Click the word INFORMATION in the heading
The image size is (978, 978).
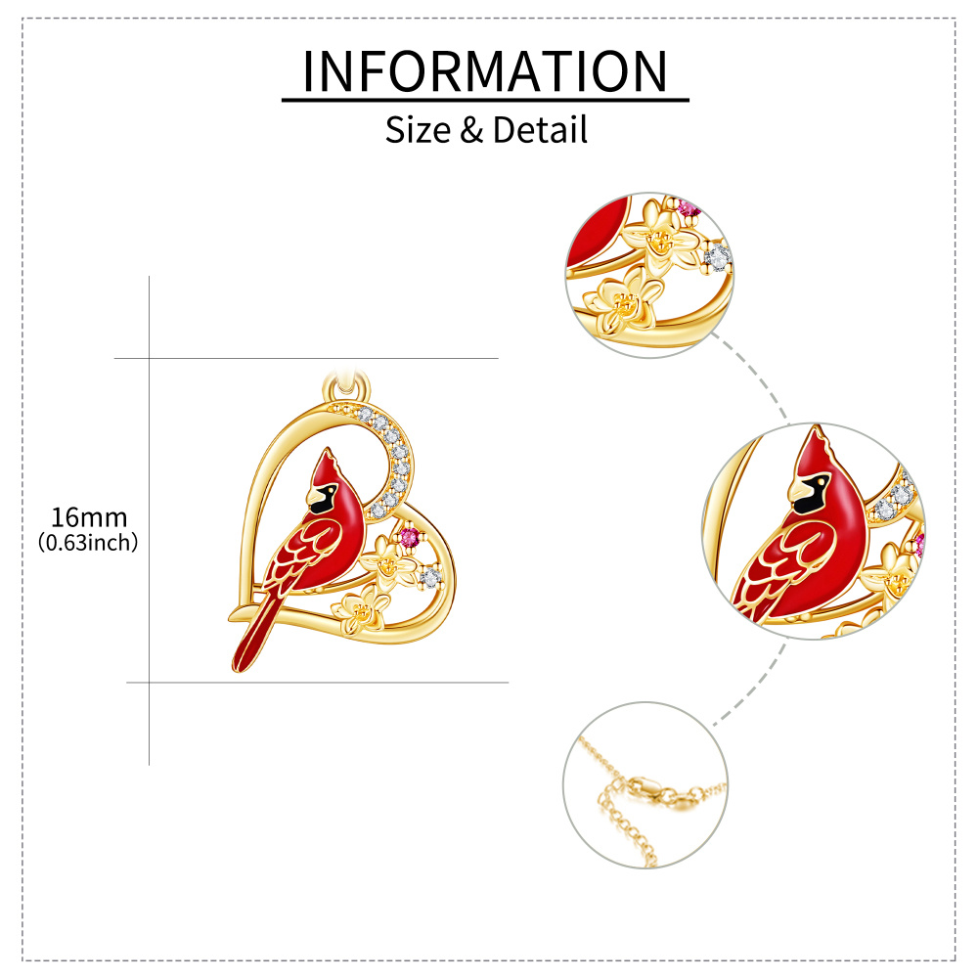(x=485, y=70)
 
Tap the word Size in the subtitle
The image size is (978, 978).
(x=417, y=130)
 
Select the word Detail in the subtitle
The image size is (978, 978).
(x=540, y=130)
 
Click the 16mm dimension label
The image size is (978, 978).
(x=89, y=517)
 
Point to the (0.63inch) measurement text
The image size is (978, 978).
(x=88, y=543)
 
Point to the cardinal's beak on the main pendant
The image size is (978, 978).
(x=315, y=495)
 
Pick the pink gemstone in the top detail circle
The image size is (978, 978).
(x=689, y=208)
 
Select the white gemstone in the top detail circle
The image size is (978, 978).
(x=719, y=256)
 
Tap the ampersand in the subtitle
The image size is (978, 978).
(x=471, y=130)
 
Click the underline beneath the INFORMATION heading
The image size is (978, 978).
(x=485, y=99)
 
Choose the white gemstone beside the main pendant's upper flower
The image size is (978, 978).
(x=429, y=578)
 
